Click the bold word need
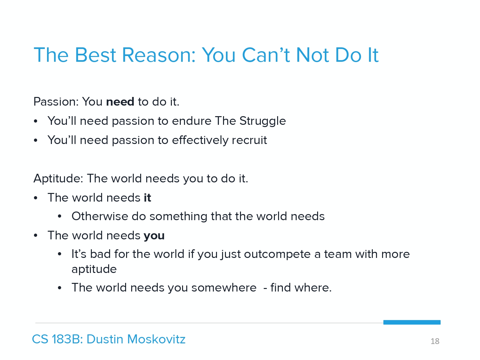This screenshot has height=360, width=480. click(x=120, y=102)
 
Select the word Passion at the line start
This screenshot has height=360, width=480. click(x=56, y=102)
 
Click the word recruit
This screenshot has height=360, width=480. click(x=249, y=140)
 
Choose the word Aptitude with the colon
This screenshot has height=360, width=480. click(x=58, y=179)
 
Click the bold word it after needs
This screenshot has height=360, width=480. click(x=148, y=197)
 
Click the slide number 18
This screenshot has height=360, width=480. click(x=435, y=341)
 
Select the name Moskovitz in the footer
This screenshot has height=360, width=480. click(x=156, y=339)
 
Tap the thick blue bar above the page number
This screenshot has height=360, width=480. click(x=412, y=322)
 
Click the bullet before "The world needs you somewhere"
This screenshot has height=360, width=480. click(x=60, y=288)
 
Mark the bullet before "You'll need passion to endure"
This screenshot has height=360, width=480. click(x=36, y=122)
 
